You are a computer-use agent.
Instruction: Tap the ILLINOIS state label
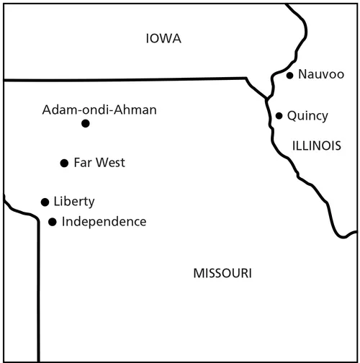pos(316,145)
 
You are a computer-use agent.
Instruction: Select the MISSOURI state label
pos(222,273)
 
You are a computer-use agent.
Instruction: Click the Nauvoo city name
pos(320,74)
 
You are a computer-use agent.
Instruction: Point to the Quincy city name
pos(307,115)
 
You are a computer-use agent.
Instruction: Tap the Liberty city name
pos(74,202)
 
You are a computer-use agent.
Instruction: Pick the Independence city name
pos(104,221)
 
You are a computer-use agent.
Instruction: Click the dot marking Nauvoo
pos(289,75)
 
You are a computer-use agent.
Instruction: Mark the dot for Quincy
pos(279,115)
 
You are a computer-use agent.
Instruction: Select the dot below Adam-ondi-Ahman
pos(85,123)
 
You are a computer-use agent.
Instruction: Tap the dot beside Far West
pos(64,163)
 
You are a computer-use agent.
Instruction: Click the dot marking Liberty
pos(45,202)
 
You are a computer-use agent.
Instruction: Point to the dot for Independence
pos(52,222)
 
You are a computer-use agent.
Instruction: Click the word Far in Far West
pos(82,163)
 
